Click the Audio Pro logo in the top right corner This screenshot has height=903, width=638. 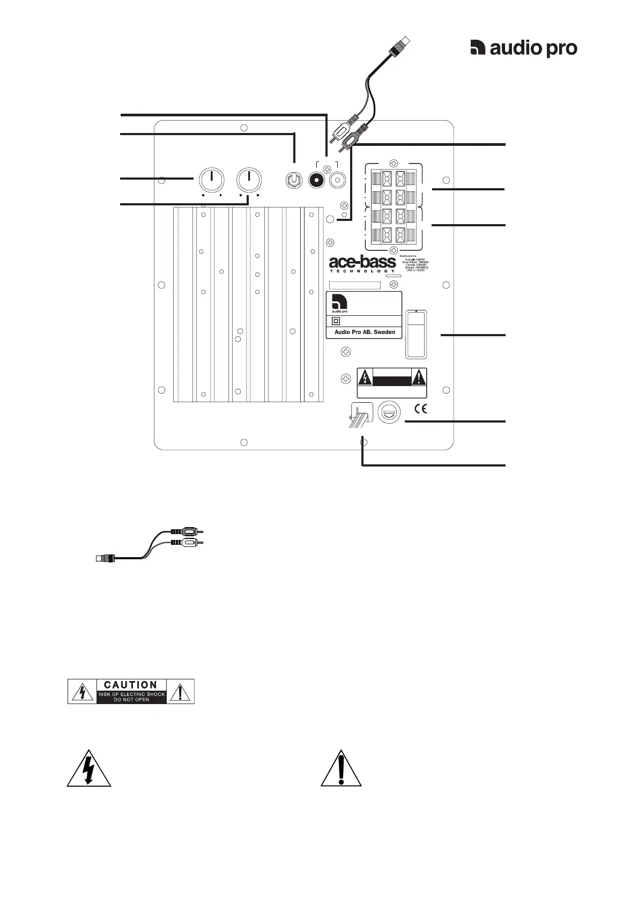523,48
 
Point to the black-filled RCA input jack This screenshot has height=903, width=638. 316,181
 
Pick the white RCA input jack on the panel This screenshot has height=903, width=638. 338,181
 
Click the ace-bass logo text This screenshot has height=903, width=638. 362,262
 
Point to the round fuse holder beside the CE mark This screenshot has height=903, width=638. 388,412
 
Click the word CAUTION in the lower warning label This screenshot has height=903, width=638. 131,685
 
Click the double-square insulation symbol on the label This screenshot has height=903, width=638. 336,321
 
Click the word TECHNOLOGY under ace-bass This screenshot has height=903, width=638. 362,271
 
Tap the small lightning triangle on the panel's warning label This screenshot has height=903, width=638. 365,378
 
